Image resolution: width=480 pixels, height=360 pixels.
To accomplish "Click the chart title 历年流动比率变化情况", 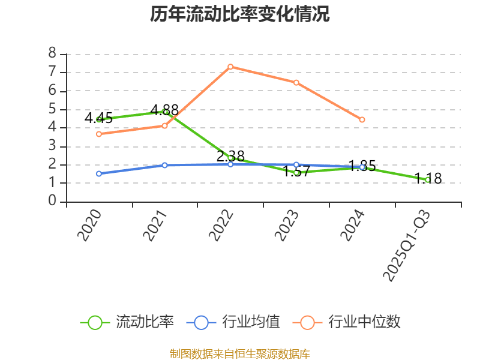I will [x=240, y=14].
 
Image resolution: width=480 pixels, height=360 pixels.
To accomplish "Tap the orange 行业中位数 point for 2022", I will [x=230, y=67].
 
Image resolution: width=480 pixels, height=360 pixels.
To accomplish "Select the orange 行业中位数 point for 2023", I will [x=296, y=82].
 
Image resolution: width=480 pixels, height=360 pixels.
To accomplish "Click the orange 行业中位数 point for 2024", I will [x=362, y=120].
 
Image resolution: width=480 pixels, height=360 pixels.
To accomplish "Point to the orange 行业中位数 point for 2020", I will [x=99, y=134].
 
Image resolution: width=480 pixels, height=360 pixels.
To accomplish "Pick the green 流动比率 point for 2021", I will [x=165, y=112].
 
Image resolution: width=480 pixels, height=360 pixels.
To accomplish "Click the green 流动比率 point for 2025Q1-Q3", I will [x=427, y=179].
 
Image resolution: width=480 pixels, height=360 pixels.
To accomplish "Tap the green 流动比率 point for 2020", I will [x=99, y=119].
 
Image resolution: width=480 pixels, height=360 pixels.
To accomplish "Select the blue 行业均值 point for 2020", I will [x=99, y=173].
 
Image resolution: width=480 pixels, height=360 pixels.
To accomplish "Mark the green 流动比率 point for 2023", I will [x=296, y=172].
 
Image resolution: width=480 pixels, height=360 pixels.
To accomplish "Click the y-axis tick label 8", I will [x=52, y=54].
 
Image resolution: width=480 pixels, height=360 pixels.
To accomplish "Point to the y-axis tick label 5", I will [x=52, y=109].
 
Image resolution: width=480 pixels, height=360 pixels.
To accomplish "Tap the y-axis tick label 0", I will [x=52, y=202].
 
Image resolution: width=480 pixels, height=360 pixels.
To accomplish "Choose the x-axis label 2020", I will [x=89, y=226].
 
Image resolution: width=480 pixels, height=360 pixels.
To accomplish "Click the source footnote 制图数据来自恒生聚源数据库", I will [x=240, y=353].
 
